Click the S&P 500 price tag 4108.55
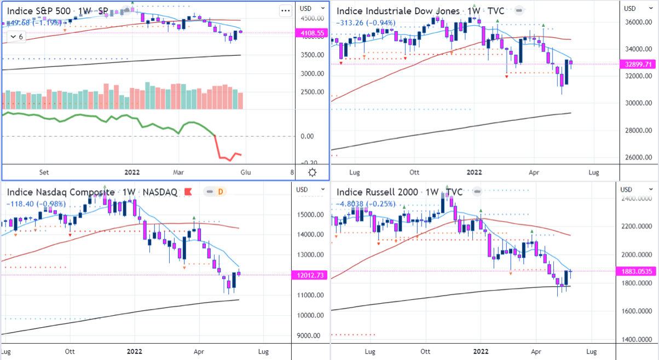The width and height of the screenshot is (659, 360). (x=310, y=33)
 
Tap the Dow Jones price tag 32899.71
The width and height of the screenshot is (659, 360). (x=639, y=64)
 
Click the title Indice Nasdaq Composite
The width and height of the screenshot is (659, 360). (x=61, y=192)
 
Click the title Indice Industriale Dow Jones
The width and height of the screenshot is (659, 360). (x=399, y=11)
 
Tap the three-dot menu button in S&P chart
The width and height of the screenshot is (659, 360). (x=285, y=10)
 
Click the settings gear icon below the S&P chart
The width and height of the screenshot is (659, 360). (x=312, y=172)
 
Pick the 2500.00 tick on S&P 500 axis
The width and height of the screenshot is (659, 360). (x=309, y=92)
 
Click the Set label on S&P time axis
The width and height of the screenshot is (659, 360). (x=45, y=172)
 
